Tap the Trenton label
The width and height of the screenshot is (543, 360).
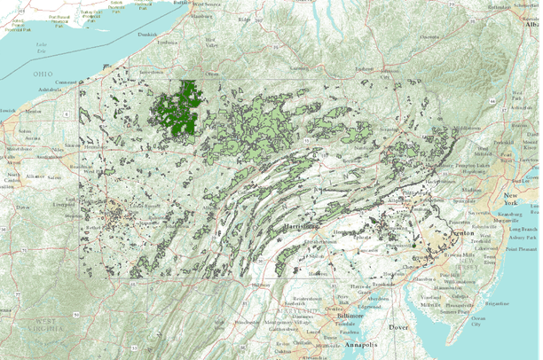click(x=460, y=231)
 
